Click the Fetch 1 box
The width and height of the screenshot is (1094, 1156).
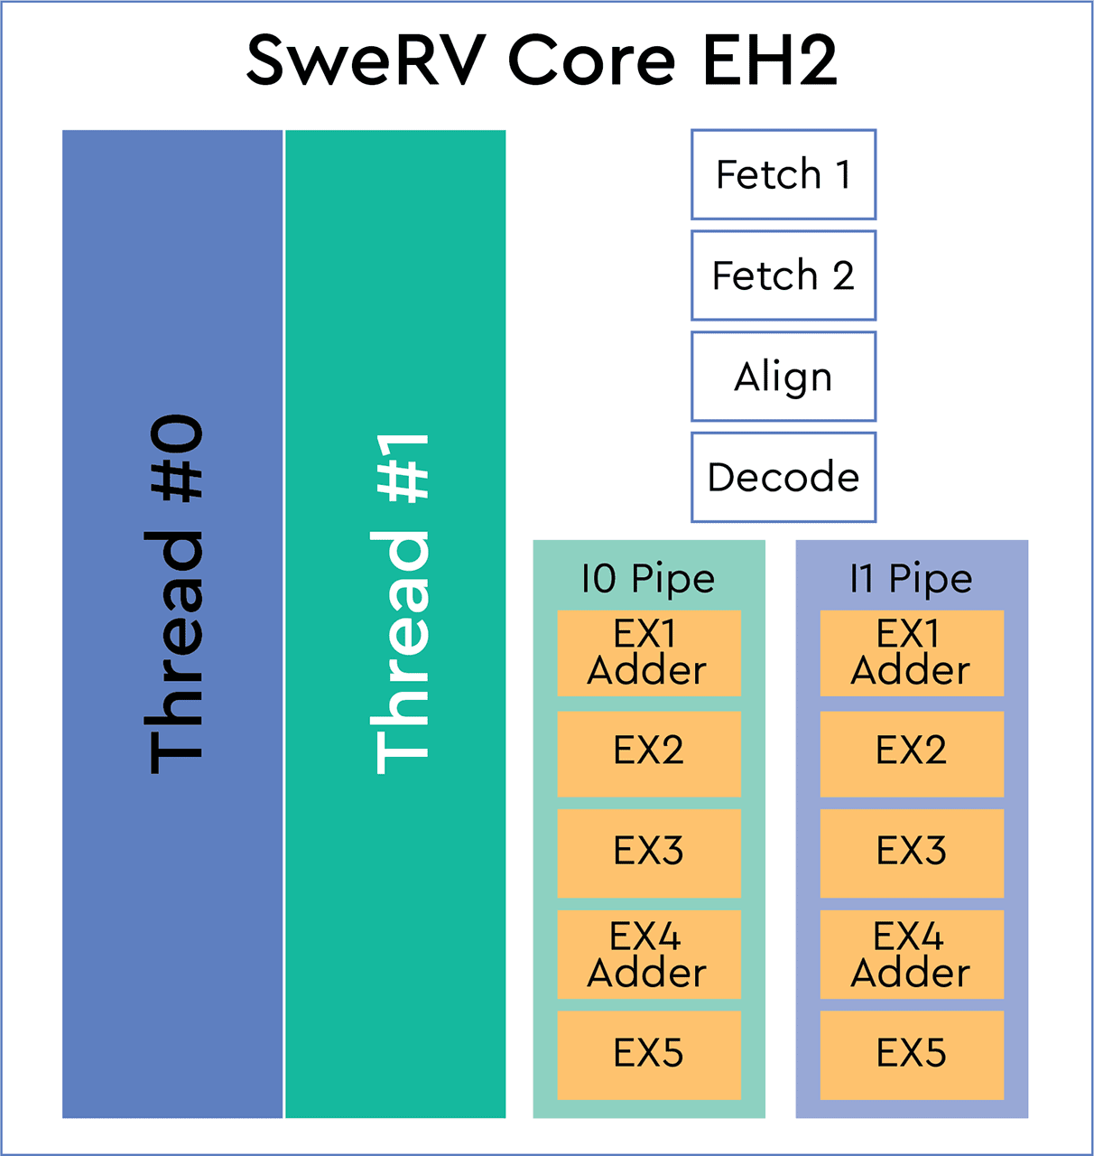point(783,174)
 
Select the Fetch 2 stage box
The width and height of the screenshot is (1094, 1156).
point(783,275)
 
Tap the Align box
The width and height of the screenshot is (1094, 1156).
point(783,377)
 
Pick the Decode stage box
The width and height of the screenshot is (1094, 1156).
point(783,477)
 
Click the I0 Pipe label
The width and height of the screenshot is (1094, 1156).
point(648,579)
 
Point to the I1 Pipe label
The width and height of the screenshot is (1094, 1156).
point(911,579)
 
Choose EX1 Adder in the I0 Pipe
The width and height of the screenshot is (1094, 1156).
point(649,653)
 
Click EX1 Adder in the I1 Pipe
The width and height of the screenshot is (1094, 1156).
point(912,653)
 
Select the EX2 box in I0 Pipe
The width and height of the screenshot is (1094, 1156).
point(649,753)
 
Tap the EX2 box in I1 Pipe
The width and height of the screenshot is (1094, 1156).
point(912,753)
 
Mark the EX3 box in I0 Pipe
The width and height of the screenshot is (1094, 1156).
point(649,853)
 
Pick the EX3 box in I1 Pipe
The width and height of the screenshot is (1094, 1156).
point(912,853)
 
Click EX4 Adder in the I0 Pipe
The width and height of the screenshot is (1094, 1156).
point(649,954)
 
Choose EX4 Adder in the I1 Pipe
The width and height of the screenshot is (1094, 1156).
point(912,954)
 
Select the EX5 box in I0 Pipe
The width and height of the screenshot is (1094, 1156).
point(649,1054)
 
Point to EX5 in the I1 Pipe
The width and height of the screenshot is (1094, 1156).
point(912,1054)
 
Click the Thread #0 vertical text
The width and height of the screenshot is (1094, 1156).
point(174,594)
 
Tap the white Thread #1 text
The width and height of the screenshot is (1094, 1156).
point(400,603)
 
